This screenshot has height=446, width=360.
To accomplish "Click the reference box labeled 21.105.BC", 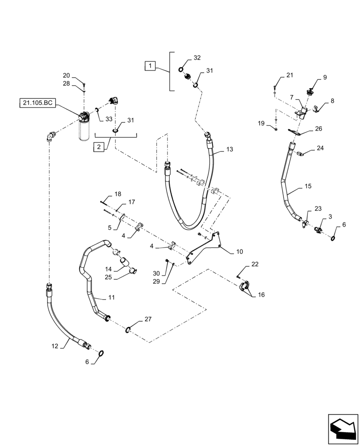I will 37,103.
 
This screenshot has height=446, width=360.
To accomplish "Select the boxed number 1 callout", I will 151,66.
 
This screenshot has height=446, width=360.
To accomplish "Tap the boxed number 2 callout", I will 99,147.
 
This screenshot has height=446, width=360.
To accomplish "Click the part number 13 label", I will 229,149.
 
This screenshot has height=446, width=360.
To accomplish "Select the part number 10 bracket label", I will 239,252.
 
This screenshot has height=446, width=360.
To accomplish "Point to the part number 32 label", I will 197,58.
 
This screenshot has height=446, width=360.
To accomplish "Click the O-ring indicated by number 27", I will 128,329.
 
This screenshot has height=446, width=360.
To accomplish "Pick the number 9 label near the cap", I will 325,77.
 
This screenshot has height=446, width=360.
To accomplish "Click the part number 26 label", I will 318,128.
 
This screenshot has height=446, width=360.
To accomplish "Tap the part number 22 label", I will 254,264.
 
